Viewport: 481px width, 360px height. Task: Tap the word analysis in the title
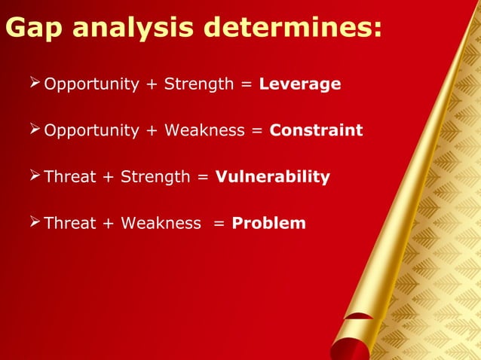(x=119, y=29)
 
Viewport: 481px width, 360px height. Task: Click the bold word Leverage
(x=300, y=84)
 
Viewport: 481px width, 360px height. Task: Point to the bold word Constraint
(x=316, y=131)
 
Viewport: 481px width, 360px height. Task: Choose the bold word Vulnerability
(x=273, y=178)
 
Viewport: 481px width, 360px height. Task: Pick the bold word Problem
(x=269, y=224)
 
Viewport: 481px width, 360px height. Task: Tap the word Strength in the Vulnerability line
(x=156, y=178)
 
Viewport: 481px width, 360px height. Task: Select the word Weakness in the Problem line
(x=161, y=224)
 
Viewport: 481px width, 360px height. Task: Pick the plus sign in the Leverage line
(x=152, y=84)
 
